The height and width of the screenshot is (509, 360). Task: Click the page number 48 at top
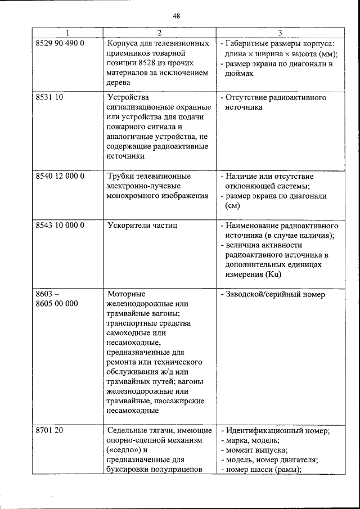(176, 15)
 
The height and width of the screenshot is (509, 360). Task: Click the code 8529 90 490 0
(60, 43)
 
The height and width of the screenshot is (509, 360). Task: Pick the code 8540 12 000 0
(60, 176)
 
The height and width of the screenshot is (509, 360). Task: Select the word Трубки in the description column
(121, 176)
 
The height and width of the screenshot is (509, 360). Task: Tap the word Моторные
(126, 294)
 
